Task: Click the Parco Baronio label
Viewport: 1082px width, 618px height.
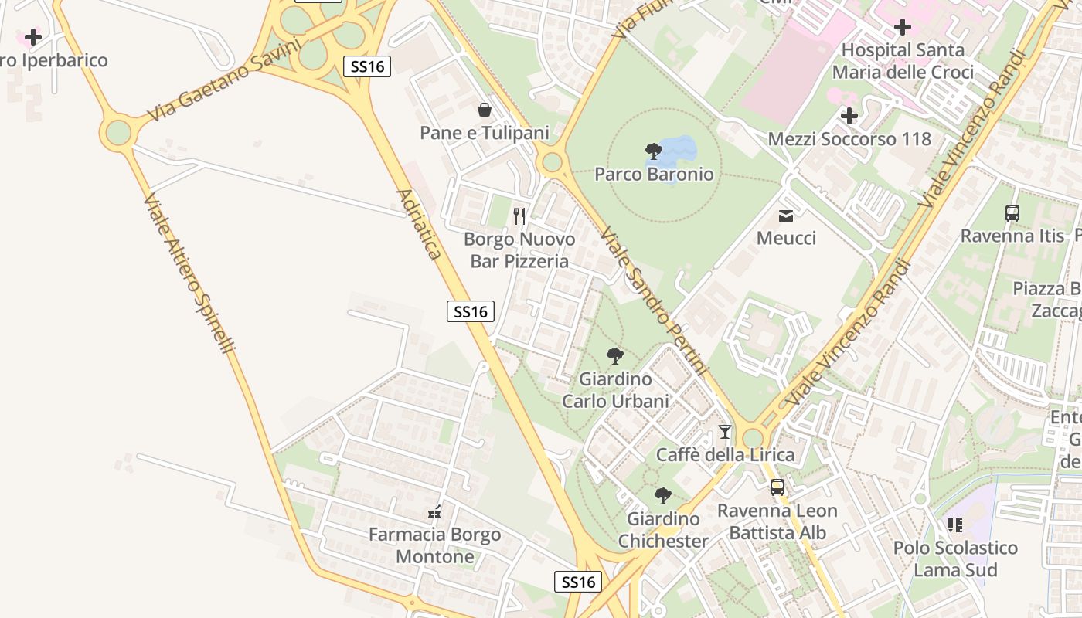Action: (x=654, y=175)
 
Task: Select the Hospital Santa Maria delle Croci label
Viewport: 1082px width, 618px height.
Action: (x=903, y=61)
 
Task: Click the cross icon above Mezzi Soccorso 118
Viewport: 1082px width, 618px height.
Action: (x=849, y=117)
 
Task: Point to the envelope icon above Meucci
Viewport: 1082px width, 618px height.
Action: (x=786, y=216)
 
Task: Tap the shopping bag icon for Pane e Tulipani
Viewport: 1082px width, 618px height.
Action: (x=485, y=110)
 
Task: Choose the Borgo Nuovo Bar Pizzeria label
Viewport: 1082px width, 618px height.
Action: (x=519, y=250)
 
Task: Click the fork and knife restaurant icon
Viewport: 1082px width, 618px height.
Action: (x=519, y=216)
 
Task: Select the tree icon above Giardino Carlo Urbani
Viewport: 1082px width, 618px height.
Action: (x=615, y=356)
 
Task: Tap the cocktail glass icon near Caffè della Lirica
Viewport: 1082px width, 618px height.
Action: (x=725, y=432)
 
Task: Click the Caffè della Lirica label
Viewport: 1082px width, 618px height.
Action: (x=725, y=455)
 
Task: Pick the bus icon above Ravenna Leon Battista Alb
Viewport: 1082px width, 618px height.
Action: (x=777, y=487)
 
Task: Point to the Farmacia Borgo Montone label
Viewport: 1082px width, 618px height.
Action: (x=434, y=545)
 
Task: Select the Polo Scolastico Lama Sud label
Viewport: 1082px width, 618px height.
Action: (x=955, y=559)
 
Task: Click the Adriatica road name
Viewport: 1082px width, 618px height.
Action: (x=419, y=224)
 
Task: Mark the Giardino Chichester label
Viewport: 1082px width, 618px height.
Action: (x=663, y=530)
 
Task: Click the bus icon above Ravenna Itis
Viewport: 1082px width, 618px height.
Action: (x=1012, y=213)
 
